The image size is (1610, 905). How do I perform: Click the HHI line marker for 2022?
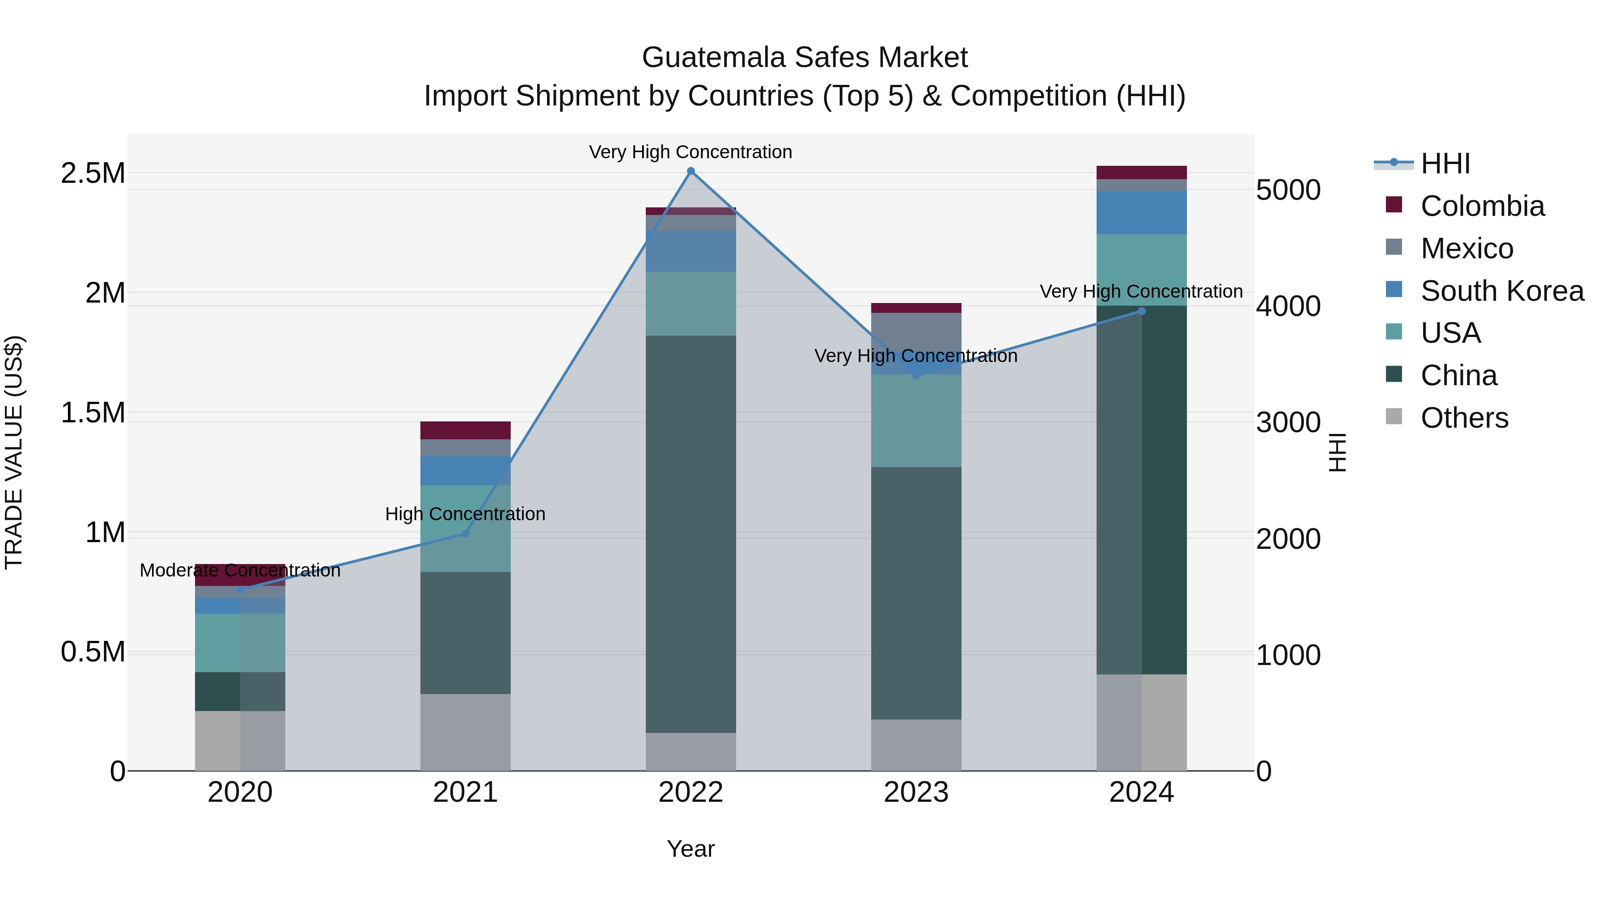[691, 171]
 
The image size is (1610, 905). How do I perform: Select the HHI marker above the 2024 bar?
[1141, 311]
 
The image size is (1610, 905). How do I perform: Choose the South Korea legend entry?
[1501, 291]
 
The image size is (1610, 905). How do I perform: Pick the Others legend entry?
[1464, 418]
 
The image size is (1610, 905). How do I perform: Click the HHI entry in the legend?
[1445, 164]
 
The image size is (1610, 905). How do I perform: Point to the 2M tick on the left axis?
[105, 293]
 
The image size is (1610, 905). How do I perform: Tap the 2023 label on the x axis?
[915, 792]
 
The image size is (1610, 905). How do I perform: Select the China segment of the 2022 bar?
[691, 534]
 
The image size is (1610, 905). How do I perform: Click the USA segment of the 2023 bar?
[915, 421]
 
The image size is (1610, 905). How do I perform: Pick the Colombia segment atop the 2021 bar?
[465, 430]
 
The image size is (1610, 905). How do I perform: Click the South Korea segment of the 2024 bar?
[1141, 213]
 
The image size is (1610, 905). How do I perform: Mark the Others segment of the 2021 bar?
[465, 732]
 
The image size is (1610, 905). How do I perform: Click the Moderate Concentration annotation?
[240, 570]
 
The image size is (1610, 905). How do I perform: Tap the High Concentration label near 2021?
[465, 514]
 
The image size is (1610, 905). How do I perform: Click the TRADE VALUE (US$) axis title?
[14, 452]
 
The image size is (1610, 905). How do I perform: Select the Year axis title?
[691, 849]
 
